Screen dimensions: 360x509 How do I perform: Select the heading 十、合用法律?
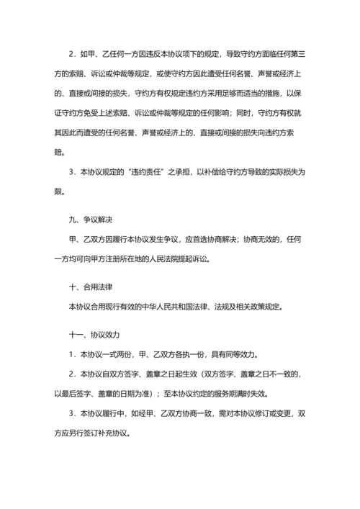pyautogui.click(x=88, y=287)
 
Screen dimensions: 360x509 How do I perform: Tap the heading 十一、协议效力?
pyautogui.click(x=92, y=335)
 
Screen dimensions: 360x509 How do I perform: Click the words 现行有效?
pyautogui.click(x=125, y=308)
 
